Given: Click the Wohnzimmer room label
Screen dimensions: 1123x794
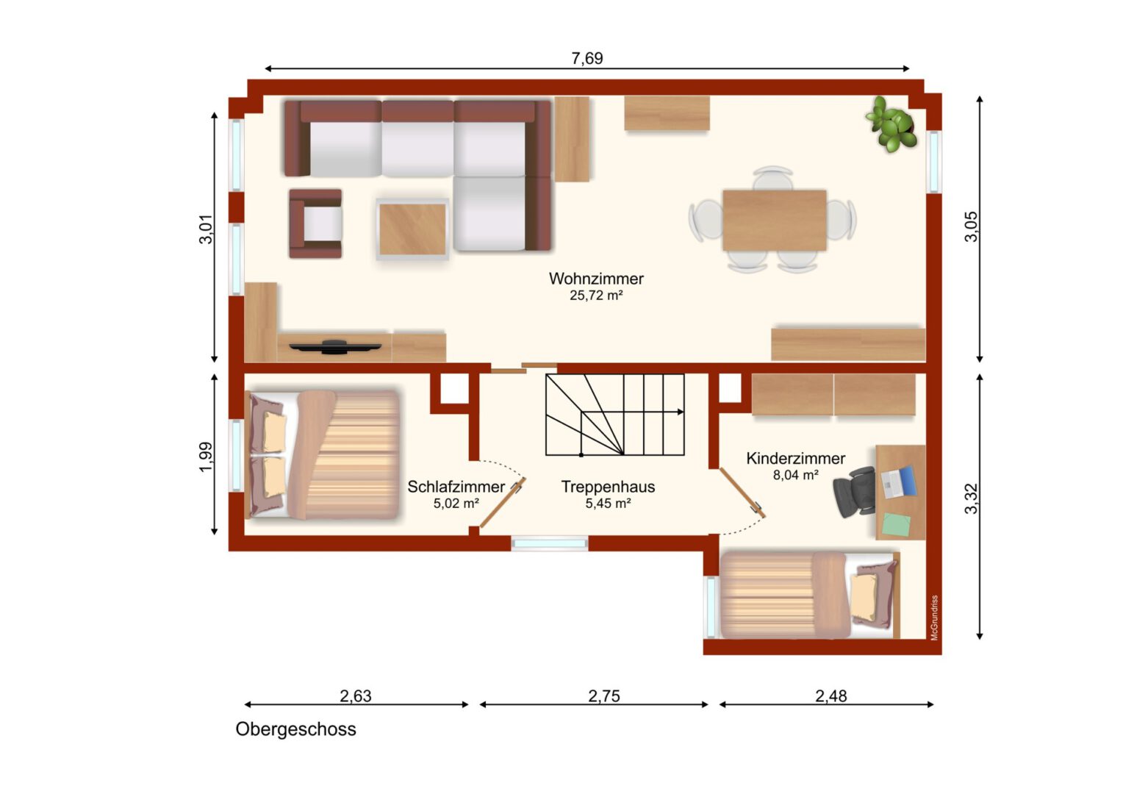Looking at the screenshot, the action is (596, 279).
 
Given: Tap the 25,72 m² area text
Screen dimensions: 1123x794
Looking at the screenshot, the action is (596, 296).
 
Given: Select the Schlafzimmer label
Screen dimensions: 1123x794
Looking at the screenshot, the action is (456, 487).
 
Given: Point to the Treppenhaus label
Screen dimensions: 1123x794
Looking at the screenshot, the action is (608, 487).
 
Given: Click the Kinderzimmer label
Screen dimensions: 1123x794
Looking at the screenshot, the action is (796, 458).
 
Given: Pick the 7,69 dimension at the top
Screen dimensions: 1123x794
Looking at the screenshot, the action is (587, 58).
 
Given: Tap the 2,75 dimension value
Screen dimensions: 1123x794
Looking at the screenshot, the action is (604, 695).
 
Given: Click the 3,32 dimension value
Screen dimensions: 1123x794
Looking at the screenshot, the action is (971, 498).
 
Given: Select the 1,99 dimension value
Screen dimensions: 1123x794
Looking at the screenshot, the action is (206, 457).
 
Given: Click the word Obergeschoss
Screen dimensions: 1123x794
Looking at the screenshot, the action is (295, 729).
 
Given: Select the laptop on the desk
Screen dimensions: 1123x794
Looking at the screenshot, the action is (899, 482).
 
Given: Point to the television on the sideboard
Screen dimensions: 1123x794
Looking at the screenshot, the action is (335, 346).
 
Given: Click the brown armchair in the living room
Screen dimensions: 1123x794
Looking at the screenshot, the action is (315, 223).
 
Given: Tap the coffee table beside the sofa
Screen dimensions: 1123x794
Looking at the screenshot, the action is (412, 229).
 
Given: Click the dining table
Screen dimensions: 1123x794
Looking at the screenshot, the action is (775, 221).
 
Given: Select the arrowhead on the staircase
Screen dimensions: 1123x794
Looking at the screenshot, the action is (681, 412).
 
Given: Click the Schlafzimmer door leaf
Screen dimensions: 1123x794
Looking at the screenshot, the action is (503, 503).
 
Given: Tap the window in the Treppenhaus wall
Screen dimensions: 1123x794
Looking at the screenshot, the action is (550, 543).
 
